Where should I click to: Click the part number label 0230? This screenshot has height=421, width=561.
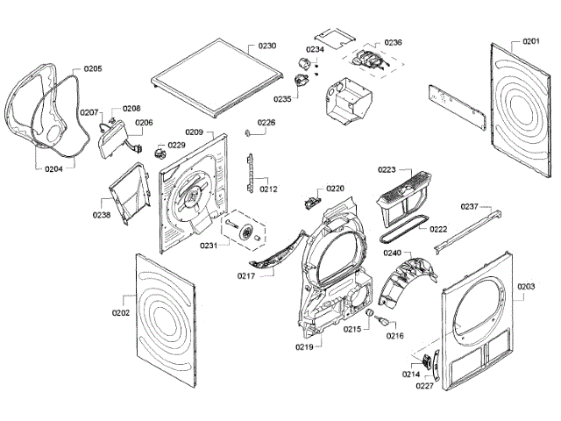click(267, 45)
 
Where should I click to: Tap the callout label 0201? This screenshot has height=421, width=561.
click(531, 42)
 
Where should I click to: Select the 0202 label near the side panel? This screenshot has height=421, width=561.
click(121, 313)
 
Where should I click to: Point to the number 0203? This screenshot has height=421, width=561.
click(526, 287)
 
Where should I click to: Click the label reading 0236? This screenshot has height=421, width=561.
click(393, 42)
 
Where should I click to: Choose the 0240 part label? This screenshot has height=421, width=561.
click(392, 253)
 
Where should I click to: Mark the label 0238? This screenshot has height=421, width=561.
click(102, 213)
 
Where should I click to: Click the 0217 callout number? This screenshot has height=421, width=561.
click(246, 276)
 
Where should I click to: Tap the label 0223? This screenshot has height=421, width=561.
click(387, 170)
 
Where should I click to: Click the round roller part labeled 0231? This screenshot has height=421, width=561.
click(248, 232)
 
